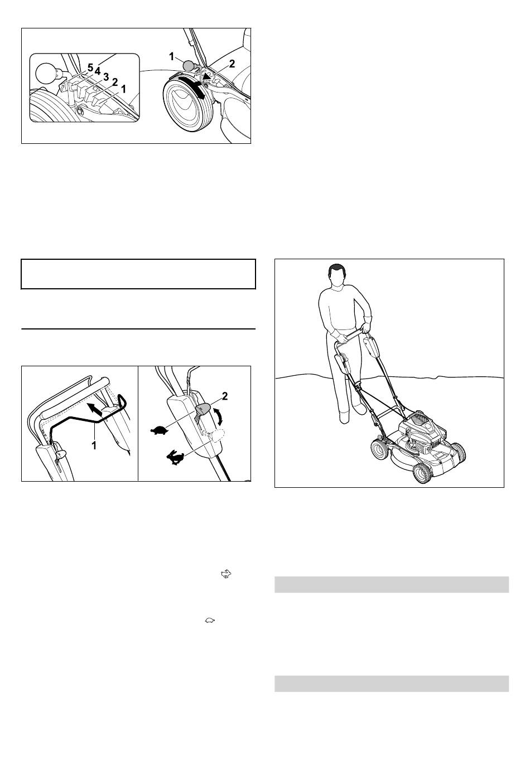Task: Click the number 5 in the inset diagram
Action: [x=90, y=67]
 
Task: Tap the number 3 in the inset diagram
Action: [x=106, y=77]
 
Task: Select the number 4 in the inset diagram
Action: [x=98, y=71]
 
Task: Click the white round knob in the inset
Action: [x=46, y=73]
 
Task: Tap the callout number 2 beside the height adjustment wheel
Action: [x=232, y=64]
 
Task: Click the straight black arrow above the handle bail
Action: [x=95, y=410]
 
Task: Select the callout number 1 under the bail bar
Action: [x=94, y=445]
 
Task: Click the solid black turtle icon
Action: [x=160, y=430]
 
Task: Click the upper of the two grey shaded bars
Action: [x=392, y=584]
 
